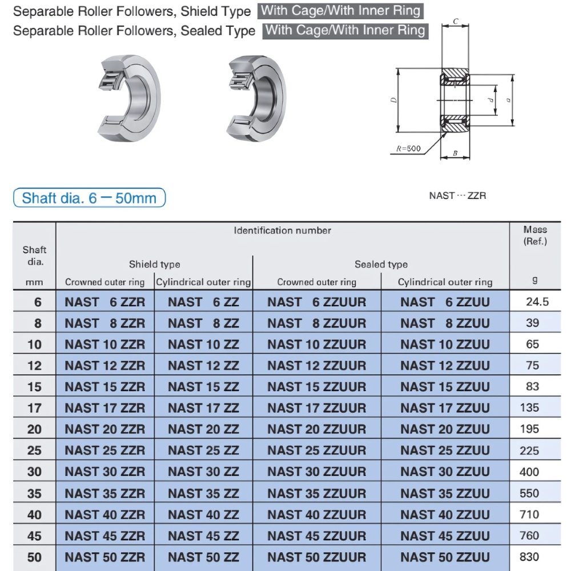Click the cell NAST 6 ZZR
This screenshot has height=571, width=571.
(105, 302)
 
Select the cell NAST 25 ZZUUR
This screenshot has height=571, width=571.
(316, 451)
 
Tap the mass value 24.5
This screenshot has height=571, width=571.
(537, 302)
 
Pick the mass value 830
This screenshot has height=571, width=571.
(529, 557)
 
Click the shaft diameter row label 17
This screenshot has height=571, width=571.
(34, 408)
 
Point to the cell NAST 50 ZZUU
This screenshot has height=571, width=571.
(445, 557)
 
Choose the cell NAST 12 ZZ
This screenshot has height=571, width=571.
(203, 365)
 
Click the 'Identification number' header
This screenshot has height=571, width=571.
(283, 231)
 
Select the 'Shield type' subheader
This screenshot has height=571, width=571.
(154, 264)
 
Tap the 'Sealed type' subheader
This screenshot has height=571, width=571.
(381, 264)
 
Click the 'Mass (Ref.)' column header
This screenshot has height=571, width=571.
(535, 235)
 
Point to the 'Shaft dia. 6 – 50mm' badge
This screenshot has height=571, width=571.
(89, 198)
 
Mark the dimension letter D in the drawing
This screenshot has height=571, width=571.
(394, 100)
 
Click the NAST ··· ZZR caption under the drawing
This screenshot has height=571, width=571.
(457, 196)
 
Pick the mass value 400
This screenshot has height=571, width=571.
(529, 472)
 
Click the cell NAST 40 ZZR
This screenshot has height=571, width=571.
(105, 514)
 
